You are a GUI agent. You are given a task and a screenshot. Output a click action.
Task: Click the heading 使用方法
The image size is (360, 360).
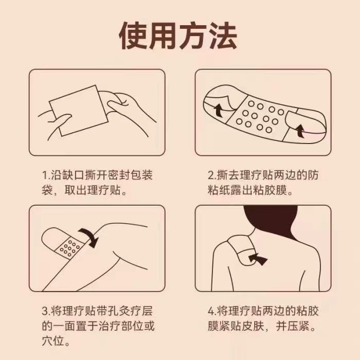coord(178,35)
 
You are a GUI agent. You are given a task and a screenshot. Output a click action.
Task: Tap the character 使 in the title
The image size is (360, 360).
coord(134,35)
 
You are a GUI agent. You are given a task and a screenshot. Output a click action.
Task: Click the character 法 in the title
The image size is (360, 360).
coord(223,35)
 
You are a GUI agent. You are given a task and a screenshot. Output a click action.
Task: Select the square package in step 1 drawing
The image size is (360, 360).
coord(79,111)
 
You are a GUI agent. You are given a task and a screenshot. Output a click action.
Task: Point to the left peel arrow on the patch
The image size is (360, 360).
coord(219,110)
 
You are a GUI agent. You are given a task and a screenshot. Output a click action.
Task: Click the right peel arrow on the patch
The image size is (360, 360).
coord(300,131)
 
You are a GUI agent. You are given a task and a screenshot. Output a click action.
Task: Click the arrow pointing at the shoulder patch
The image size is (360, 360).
coord(258,259)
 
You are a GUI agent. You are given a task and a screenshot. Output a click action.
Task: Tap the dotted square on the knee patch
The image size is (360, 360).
coord(70,247)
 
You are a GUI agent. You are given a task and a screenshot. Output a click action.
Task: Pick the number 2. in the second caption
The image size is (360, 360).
coord(212,175)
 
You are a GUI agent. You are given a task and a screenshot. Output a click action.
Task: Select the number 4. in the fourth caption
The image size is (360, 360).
coord(212,311)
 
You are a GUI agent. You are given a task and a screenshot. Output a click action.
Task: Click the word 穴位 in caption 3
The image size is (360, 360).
coord(53,341)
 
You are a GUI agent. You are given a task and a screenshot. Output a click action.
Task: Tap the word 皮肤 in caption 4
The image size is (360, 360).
coord(253,326)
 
